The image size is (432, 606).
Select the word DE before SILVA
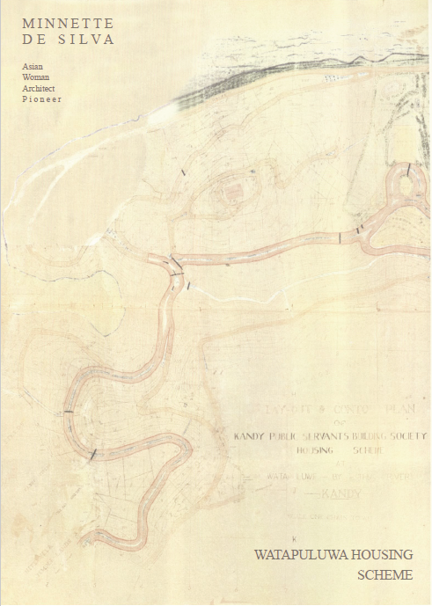tap(37, 40)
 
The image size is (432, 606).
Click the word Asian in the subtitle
tap(33, 66)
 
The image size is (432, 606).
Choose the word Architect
tap(41, 88)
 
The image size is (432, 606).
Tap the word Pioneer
tap(41, 99)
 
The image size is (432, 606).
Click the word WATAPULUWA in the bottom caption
tap(299, 555)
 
